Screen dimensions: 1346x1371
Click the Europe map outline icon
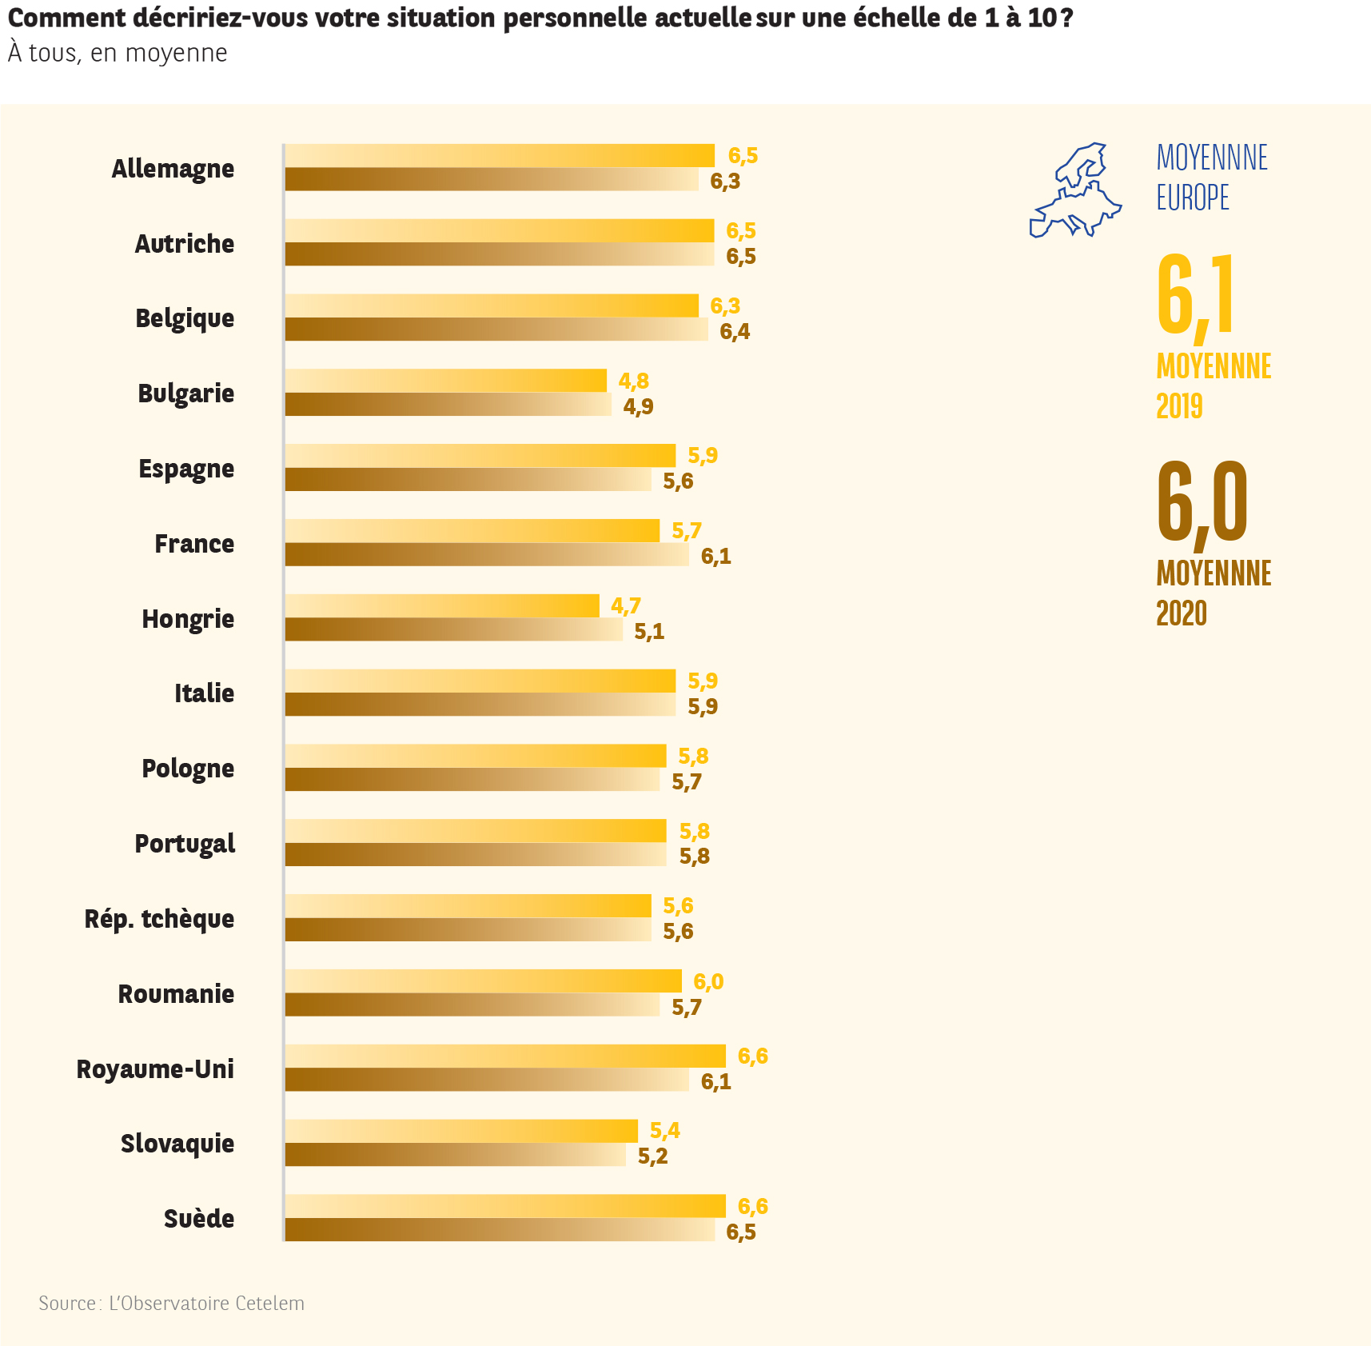click(1075, 191)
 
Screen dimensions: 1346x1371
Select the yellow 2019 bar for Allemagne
click(500, 156)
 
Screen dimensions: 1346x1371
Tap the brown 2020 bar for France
click(487, 555)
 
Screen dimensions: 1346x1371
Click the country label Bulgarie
click(185, 393)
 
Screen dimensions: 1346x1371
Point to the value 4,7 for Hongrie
click(625, 606)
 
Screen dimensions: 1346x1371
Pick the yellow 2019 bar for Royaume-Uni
click(505, 1056)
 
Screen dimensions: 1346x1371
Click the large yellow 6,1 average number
click(1196, 296)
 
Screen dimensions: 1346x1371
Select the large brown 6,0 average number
click(1202, 502)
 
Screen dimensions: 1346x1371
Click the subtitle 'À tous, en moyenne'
click(118, 53)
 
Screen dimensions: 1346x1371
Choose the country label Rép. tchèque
click(159, 919)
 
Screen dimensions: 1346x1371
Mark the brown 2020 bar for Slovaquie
click(456, 1155)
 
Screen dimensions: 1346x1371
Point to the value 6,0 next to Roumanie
click(708, 981)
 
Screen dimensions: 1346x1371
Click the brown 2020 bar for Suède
click(500, 1230)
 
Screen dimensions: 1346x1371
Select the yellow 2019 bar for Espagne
click(480, 456)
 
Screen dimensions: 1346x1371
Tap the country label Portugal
click(185, 844)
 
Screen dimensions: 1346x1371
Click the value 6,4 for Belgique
click(735, 331)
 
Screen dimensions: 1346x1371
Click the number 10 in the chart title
click(1042, 18)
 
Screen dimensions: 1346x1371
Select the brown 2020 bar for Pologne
click(472, 780)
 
